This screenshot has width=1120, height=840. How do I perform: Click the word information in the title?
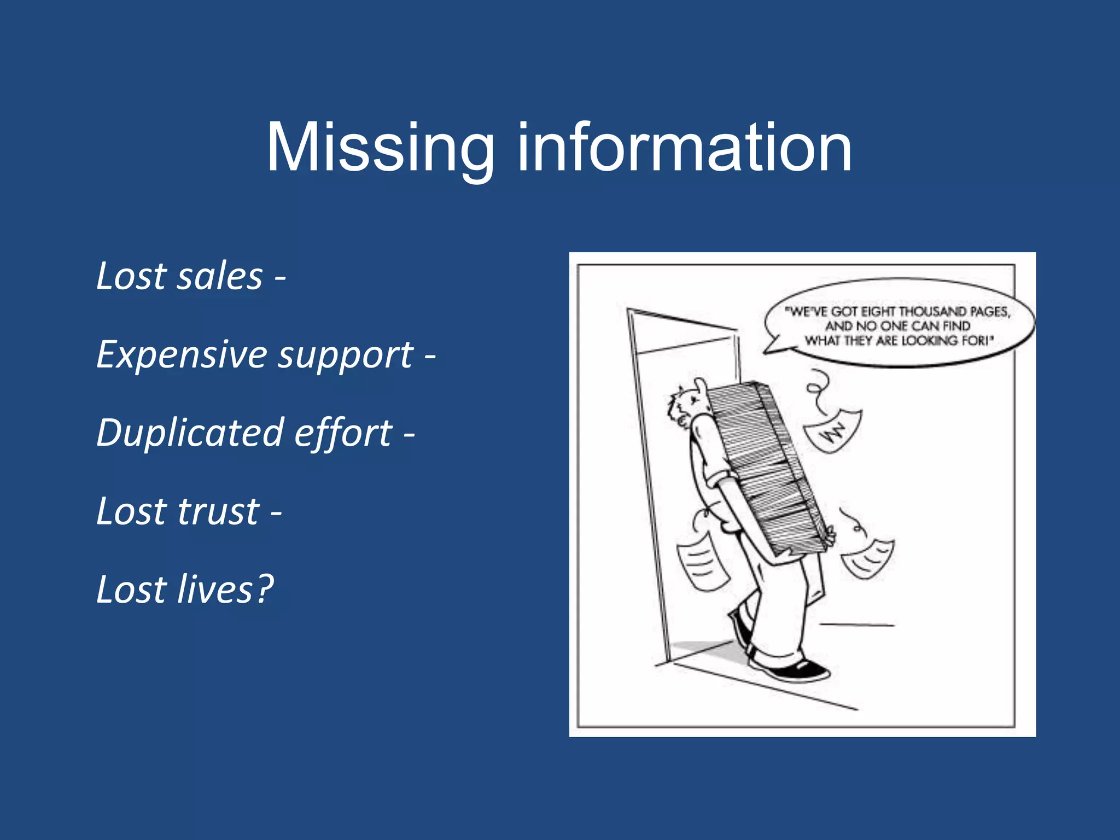coord(684,148)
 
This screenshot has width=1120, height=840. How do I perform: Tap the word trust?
coord(218,512)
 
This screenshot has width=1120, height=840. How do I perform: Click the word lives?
coord(215,590)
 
